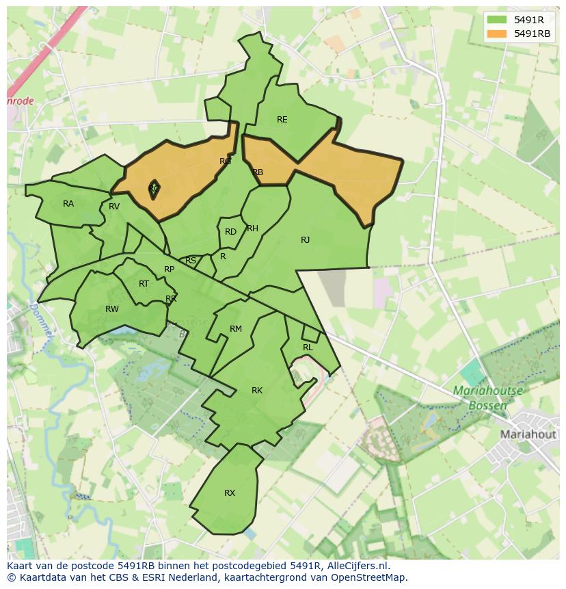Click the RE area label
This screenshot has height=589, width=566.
point(282,120)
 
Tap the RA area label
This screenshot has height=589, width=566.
point(68,204)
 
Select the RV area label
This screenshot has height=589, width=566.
point(114,207)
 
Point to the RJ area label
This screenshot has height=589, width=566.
point(305,240)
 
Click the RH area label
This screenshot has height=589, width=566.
point(252,228)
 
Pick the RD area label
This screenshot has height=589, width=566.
point(230,232)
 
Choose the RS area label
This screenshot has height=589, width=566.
point(191,261)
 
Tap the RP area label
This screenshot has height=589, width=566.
point(169,270)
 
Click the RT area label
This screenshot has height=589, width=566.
point(144,284)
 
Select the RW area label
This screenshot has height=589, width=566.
point(112,309)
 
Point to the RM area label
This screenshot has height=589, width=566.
point(235,329)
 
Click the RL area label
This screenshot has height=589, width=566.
point(308,348)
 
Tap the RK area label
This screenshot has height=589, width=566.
point(256,391)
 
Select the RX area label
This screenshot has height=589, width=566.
point(230,493)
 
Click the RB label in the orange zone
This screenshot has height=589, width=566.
point(258,172)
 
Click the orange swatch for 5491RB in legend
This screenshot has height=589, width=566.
point(498,34)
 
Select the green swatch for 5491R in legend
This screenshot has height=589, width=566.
point(498,20)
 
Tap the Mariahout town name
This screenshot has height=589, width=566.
point(528,434)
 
